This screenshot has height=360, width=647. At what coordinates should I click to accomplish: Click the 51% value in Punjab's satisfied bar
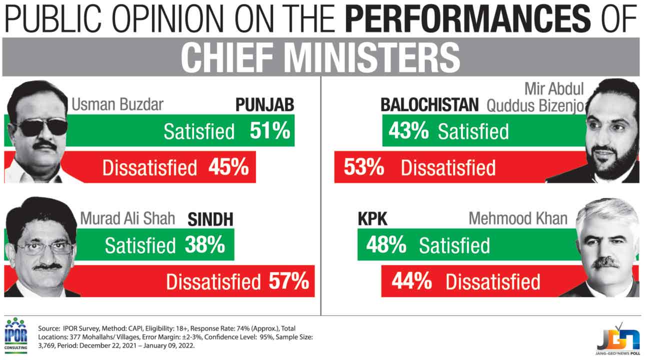coord(270,130)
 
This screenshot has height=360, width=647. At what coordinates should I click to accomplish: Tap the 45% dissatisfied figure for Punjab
coord(228,167)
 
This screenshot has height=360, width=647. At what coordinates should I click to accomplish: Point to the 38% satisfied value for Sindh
coord(204,245)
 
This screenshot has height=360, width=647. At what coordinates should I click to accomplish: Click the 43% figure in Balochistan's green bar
coord(408,130)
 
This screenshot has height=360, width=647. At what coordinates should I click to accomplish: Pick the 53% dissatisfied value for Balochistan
coord(363,167)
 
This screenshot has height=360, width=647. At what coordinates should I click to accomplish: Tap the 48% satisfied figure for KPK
coord(385,245)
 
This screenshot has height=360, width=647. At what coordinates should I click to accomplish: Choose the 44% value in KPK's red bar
coord(411,281)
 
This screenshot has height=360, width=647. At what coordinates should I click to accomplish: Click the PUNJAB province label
coord(264,105)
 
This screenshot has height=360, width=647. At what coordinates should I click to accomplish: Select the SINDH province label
coord(210,219)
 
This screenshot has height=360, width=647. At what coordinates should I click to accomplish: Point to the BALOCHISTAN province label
coord(429,105)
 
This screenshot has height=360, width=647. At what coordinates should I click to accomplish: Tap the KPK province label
coord(372,219)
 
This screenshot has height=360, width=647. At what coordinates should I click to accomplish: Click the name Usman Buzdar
coord(118,105)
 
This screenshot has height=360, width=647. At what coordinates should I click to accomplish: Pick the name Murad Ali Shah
coord(127,218)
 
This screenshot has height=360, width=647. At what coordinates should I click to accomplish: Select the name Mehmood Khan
coord(518,218)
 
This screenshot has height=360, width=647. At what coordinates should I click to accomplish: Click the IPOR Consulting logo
coord(15,334)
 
